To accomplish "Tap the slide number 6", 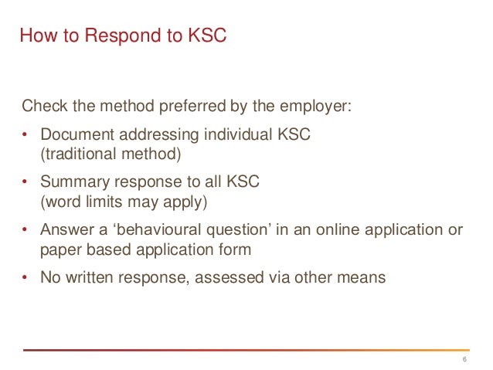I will click(x=464, y=361).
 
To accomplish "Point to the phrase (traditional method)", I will click(x=110, y=154).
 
